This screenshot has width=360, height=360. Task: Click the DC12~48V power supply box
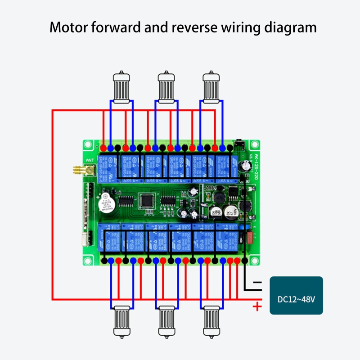[x=296, y=295]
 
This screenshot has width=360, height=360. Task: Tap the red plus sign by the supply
[x=256, y=307]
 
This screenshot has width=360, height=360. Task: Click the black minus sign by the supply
[x=256, y=283]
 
